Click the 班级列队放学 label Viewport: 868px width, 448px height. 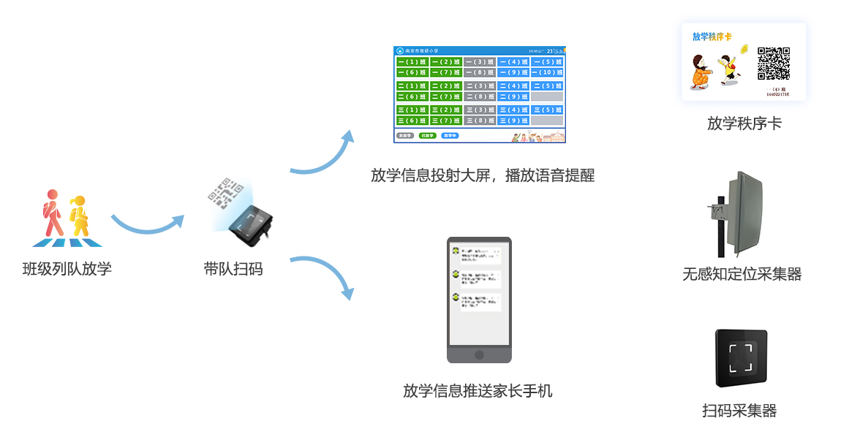point(67,269)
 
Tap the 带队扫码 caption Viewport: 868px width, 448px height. point(233,269)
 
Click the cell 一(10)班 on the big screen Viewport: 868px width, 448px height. point(547,72)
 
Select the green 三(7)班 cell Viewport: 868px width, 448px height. point(445,121)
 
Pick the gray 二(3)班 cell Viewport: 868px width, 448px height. point(480,86)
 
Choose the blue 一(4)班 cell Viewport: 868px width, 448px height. point(513,62)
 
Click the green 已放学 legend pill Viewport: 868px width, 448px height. point(427,136)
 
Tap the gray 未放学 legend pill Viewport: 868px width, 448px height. point(404,136)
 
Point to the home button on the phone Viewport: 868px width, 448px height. point(479,354)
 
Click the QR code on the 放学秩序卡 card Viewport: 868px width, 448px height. point(773,64)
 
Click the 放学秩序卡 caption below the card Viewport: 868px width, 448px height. point(744,124)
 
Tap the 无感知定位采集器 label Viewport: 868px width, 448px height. point(742,275)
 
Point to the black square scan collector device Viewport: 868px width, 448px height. point(741,358)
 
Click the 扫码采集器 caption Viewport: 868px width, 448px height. point(739,411)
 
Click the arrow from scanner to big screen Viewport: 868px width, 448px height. point(322,157)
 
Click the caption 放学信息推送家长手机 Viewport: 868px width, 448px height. point(478,391)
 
